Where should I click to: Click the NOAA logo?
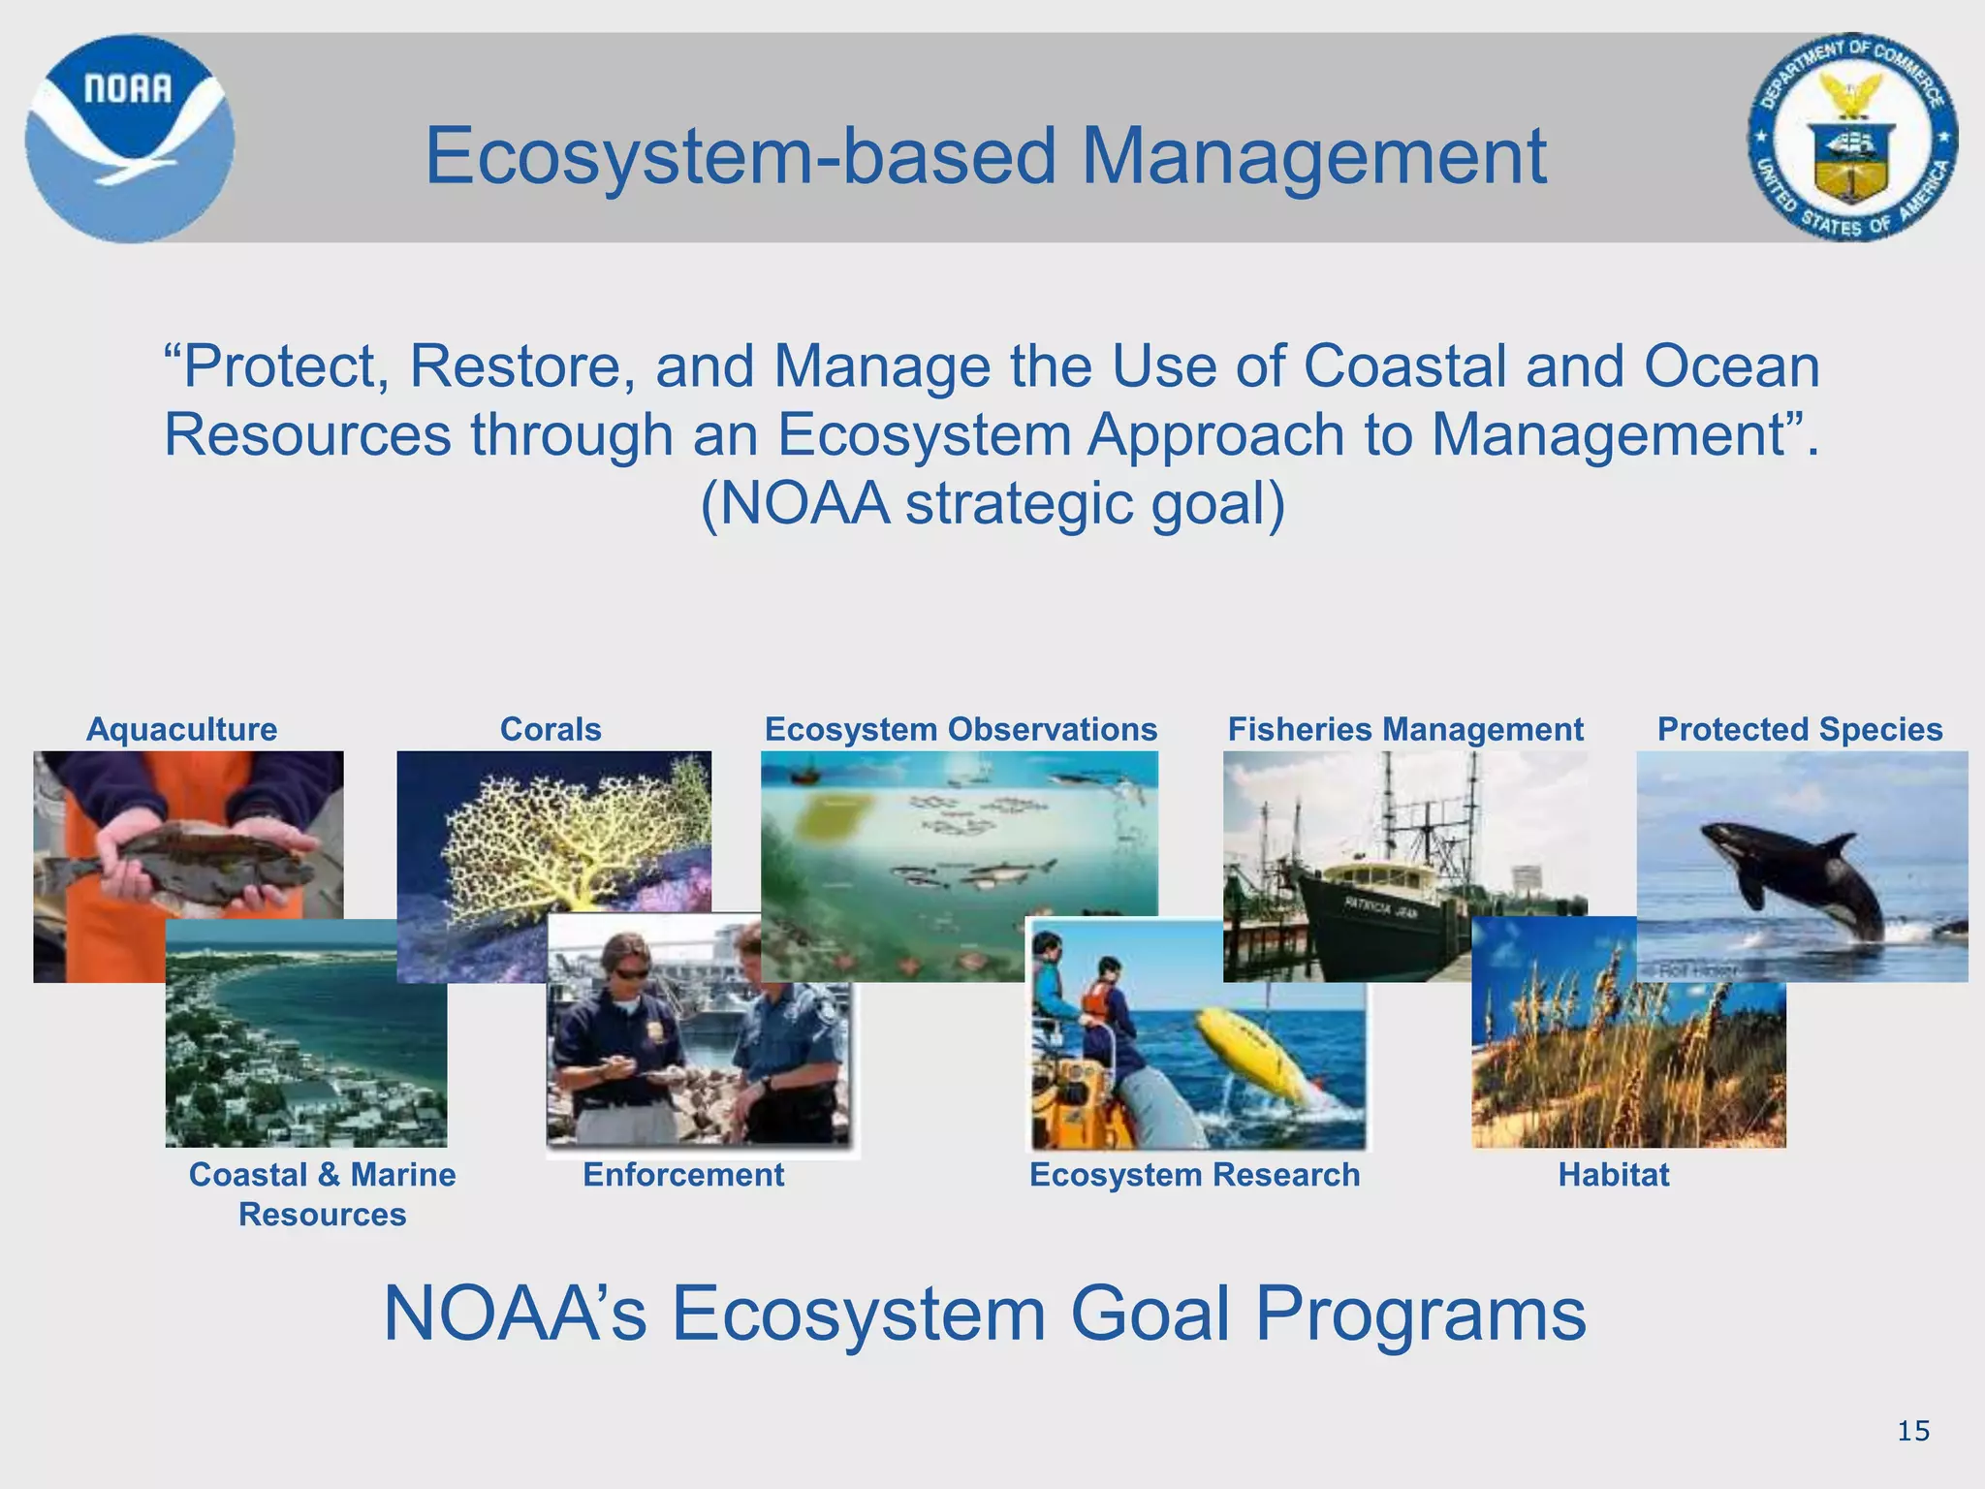click(x=129, y=138)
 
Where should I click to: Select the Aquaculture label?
click(x=181, y=729)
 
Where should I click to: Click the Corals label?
click(x=551, y=729)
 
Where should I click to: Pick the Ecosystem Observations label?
click(x=961, y=729)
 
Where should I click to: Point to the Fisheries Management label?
click(x=1405, y=729)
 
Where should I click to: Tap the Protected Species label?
click(x=1800, y=729)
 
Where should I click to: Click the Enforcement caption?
click(x=683, y=1175)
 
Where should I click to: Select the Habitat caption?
click(x=1614, y=1175)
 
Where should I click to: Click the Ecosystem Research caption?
click(x=1194, y=1175)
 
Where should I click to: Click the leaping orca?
click(x=1793, y=872)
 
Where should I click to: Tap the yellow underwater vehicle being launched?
click(x=1260, y=1057)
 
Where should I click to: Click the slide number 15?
click(x=1913, y=1431)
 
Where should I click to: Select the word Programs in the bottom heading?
click(x=1420, y=1314)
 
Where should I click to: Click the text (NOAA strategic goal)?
click(x=992, y=503)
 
